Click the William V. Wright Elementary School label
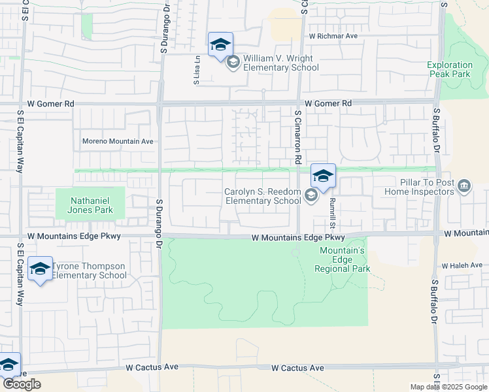pyautogui.click(x=281, y=63)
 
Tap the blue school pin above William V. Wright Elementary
pyautogui.click(x=220, y=45)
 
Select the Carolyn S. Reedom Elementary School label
pyautogui.click(x=263, y=196)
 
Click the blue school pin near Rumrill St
pyautogui.click(x=322, y=176)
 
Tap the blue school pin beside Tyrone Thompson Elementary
pyautogui.click(x=40, y=269)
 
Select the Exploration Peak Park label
pyautogui.click(x=450, y=69)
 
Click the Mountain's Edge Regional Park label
pyautogui.click(x=342, y=259)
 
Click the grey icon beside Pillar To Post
pyautogui.click(x=465, y=187)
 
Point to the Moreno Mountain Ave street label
pyautogui.click(x=117, y=141)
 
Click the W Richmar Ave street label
pyautogui.click(x=333, y=36)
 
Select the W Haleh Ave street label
pyautogui.click(x=462, y=265)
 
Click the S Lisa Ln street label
pyautogui.click(x=197, y=71)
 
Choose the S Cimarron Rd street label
pyautogui.click(x=297, y=137)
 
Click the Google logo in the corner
pyautogui.click(x=22, y=384)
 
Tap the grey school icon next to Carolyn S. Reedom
pyautogui.click(x=311, y=195)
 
